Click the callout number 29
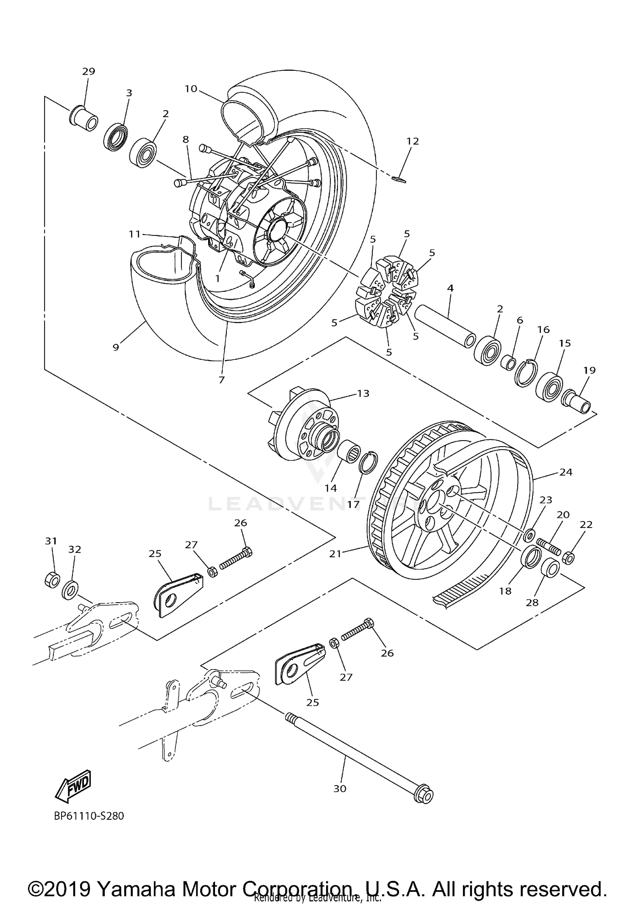(x=89, y=71)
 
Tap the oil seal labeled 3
(x=115, y=137)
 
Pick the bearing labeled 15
(x=550, y=386)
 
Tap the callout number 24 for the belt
(x=566, y=472)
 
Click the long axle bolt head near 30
(x=423, y=796)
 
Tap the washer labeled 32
(x=70, y=590)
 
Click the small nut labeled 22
(x=569, y=559)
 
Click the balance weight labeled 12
(x=399, y=179)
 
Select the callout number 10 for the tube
(x=191, y=89)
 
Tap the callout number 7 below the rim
(x=221, y=380)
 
